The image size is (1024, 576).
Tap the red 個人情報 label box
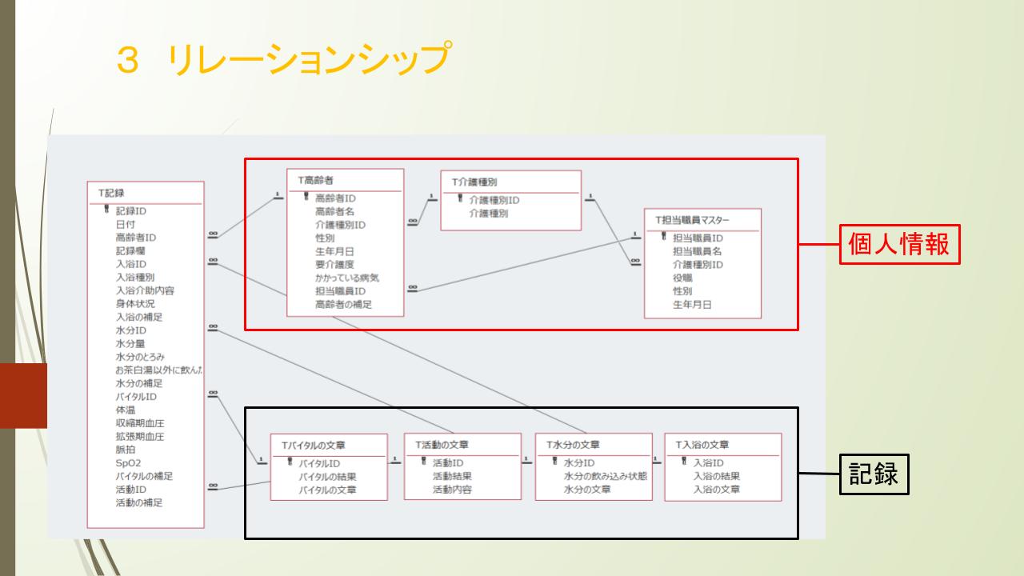[x=898, y=244]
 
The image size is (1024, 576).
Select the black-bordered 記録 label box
[x=874, y=474]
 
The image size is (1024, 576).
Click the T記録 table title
[x=111, y=193]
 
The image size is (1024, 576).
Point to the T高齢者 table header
[x=316, y=180]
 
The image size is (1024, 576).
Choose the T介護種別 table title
[x=475, y=182]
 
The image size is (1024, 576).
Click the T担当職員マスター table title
[x=692, y=219]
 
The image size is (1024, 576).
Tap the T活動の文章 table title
[x=442, y=444]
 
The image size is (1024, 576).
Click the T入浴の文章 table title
[x=702, y=444]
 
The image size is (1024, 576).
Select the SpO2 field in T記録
[x=128, y=462]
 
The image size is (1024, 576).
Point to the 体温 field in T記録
[x=125, y=410]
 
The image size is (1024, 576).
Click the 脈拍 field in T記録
[x=125, y=450]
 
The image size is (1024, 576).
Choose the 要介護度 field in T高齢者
[x=335, y=264]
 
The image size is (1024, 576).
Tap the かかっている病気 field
[x=346, y=278]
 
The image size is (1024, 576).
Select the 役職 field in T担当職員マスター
[x=682, y=278]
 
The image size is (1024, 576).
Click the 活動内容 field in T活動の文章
[x=452, y=489]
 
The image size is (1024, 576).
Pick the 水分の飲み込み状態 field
[x=605, y=476]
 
